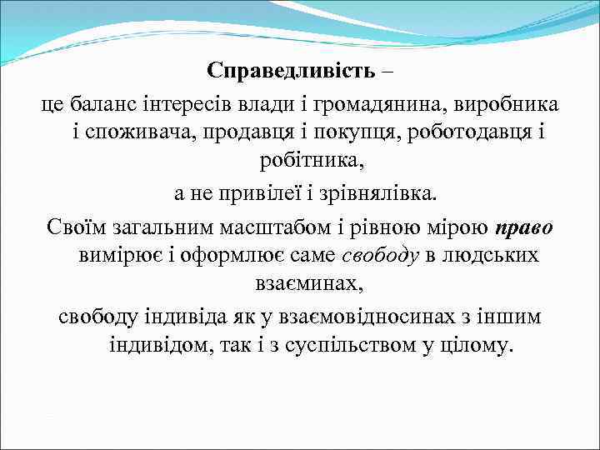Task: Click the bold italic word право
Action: (522, 227)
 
